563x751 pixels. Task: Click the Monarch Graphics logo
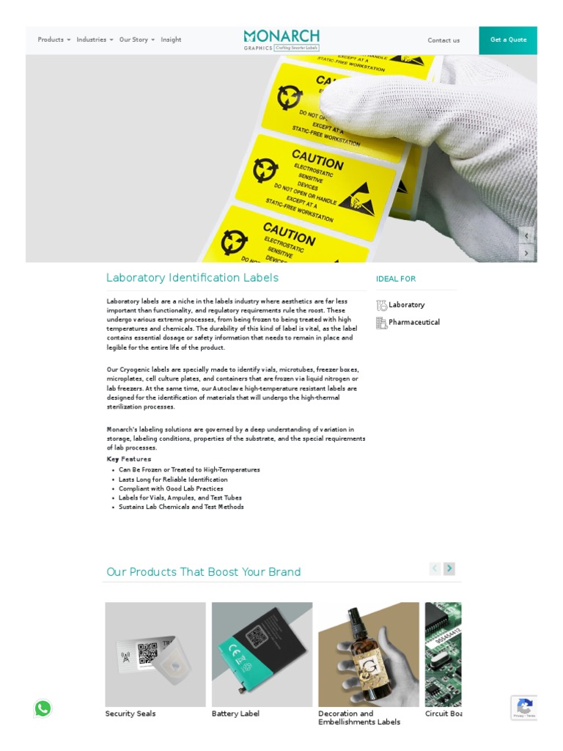[281, 40]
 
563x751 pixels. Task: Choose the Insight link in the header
[171, 40]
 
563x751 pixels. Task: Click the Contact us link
[444, 40]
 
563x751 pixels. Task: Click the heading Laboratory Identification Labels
[192, 278]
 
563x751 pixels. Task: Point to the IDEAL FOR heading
[396, 279]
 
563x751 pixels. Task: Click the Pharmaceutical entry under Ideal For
[413, 323]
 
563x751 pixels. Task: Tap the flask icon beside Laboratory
[381, 305]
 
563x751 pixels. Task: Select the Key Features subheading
[129, 459]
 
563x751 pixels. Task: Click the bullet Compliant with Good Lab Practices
[171, 488]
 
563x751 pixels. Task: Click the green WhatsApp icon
[43, 708]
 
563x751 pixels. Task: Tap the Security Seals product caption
[130, 714]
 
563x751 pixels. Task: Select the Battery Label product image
[262, 654]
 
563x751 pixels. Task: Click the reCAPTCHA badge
[524, 708]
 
